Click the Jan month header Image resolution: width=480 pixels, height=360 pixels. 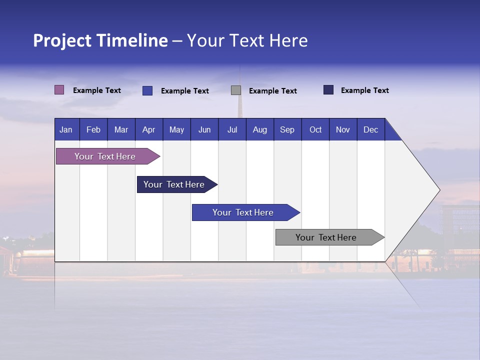point(66,130)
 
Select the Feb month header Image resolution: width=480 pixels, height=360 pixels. point(93,130)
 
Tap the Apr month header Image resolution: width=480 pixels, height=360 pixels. point(149,130)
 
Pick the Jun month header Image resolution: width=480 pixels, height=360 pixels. point(204,130)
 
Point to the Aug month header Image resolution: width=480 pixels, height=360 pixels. point(260,130)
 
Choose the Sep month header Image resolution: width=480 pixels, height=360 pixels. point(287,130)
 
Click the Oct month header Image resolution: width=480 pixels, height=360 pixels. point(315,130)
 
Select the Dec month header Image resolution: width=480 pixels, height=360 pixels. point(371,130)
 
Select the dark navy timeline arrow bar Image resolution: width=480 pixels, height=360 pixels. point(175,184)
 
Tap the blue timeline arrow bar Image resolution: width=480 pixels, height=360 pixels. point(243,212)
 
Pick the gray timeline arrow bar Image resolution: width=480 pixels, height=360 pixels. point(327,237)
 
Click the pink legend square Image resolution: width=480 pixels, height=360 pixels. point(59,90)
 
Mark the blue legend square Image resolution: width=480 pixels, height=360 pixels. point(147,90)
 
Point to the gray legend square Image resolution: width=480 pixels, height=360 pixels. point(236,90)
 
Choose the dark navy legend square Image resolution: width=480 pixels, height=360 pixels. point(328,90)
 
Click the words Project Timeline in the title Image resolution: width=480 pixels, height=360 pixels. point(100,40)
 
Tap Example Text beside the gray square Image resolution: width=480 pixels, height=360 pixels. point(273,91)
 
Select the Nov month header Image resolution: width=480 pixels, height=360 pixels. point(343,130)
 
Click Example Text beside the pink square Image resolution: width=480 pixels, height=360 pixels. point(97,90)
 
